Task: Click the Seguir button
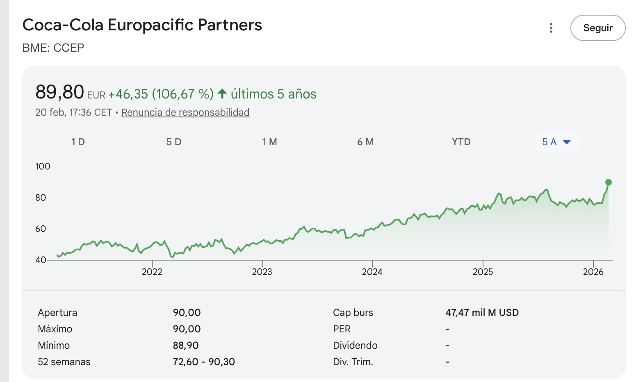coord(598,28)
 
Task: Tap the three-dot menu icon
coord(551,28)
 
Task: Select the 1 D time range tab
coord(78,142)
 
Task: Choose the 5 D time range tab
coord(174,142)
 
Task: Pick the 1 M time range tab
coord(269,142)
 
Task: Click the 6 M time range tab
coord(365,142)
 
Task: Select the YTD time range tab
coord(461,142)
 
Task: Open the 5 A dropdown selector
coord(557,142)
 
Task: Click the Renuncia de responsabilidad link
coord(185,112)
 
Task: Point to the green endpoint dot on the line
coord(608,182)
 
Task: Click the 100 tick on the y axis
coord(43,166)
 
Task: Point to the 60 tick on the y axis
coord(41,229)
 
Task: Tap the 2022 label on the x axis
coord(152,272)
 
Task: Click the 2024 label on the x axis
coord(372,272)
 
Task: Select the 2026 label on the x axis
coord(593,272)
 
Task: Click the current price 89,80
coord(59,92)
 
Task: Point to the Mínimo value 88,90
coord(186,345)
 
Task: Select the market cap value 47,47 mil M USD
coord(482,312)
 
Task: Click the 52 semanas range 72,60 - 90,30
coord(204,362)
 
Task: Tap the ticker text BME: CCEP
coord(53,48)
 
